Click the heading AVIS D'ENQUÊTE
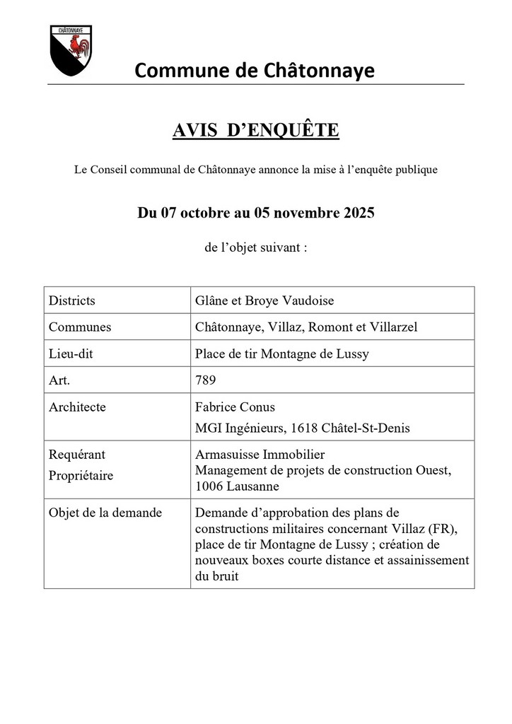click(255, 131)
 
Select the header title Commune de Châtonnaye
click(255, 70)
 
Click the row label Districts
click(72, 300)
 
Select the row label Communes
click(80, 327)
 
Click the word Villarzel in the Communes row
click(392, 327)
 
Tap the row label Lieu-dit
click(71, 354)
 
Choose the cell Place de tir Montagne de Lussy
click(281, 354)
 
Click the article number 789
click(205, 380)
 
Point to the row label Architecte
click(78, 407)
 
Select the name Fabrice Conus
click(235, 407)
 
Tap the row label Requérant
click(77, 455)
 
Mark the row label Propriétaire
click(81, 475)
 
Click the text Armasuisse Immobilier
click(260, 455)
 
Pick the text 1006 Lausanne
click(237, 486)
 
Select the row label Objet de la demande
click(105, 513)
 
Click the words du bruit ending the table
click(217, 576)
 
